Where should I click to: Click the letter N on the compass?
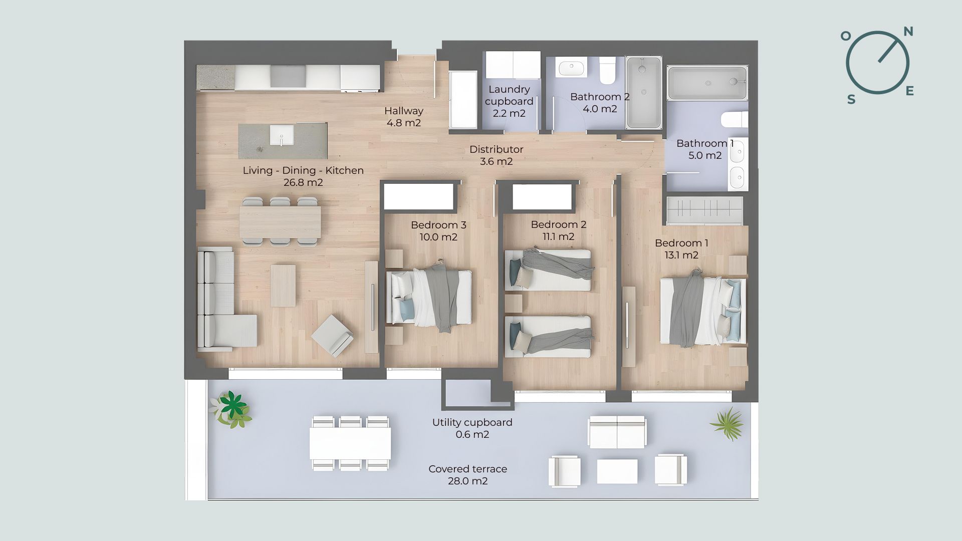point(908,32)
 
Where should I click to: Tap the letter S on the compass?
point(851,100)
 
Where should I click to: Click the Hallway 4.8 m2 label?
point(404,117)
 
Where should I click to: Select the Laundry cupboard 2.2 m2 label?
point(509,101)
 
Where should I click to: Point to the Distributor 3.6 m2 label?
point(497,155)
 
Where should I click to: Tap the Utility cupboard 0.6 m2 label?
point(472,428)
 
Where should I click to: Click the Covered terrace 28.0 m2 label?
point(468,475)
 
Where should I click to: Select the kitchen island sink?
point(282,135)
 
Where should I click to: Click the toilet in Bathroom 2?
point(608,71)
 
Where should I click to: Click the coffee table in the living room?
point(283,286)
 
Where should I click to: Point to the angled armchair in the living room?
point(332,335)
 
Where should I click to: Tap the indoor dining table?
point(280,222)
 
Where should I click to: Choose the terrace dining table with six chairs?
point(350,443)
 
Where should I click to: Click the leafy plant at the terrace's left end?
point(231,409)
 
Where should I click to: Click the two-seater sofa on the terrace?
point(617,431)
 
